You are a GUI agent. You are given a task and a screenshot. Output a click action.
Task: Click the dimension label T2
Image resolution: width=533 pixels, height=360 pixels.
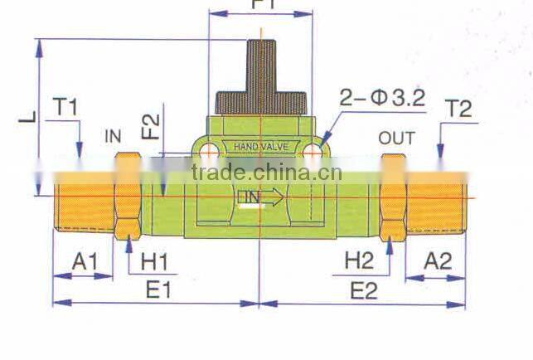tap(458, 108)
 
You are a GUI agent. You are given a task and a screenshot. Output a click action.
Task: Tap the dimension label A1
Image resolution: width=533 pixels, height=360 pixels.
tap(85, 262)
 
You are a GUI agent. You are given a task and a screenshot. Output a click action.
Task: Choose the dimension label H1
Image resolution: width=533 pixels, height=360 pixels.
tap(154, 262)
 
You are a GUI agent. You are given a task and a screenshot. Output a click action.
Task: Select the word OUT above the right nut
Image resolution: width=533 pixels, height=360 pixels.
tap(396, 138)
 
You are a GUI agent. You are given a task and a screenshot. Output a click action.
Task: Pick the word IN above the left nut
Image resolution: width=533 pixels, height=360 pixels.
tap(114, 136)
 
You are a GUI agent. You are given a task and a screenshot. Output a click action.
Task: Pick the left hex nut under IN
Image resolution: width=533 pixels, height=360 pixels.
tap(128, 195)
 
